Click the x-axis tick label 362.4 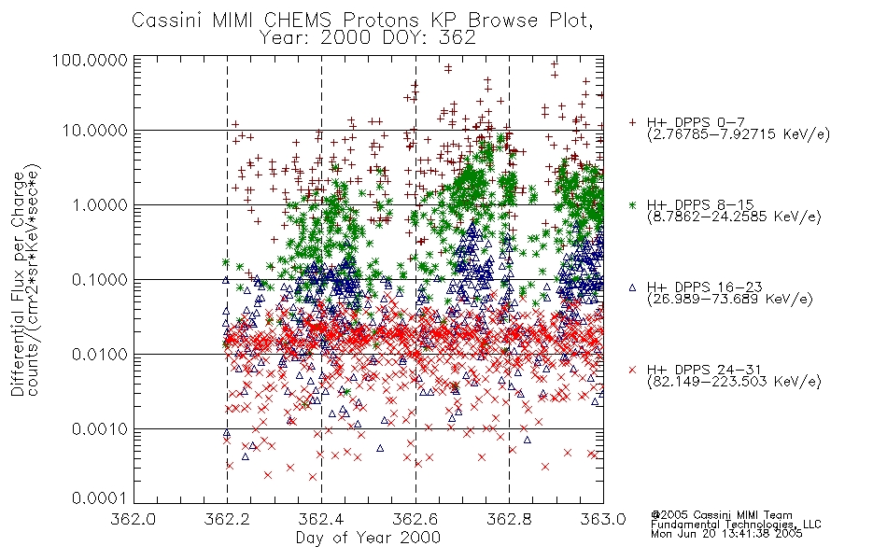click(321, 519)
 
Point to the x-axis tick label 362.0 click(134, 519)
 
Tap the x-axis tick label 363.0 click(603, 519)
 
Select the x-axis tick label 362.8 click(509, 519)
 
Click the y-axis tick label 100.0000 click(90, 60)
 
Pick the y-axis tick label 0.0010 click(100, 429)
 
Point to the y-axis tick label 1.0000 click(100, 204)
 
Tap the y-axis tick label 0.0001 click(100, 498)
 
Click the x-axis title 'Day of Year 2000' click(368, 538)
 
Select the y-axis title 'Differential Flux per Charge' click(19, 284)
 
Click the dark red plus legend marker click(632, 122)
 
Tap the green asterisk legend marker click(632, 204)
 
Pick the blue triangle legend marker click(632, 287)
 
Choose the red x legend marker click(632, 370)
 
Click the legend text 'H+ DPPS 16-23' click(704, 287)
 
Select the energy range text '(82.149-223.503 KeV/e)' click(734, 382)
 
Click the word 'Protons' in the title click(380, 21)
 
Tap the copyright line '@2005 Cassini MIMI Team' click(721, 515)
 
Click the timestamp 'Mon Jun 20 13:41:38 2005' click(726, 534)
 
